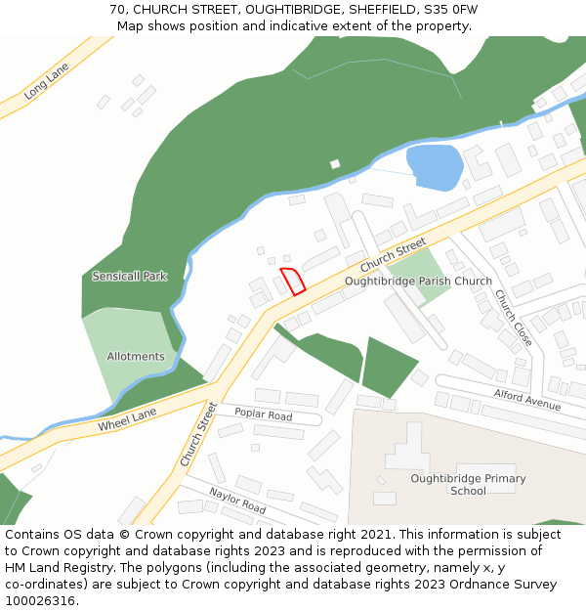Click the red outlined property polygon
tap(294, 281)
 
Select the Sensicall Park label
tap(130, 277)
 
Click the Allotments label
tap(136, 357)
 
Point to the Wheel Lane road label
tap(127, 420)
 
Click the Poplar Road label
tap(263, 415)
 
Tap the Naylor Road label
tap(237, 501)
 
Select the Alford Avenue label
tap(527, 399)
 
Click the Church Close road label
tap(513, 317)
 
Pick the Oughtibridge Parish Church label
tap(418, 282)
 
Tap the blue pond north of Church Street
tap(434, 166)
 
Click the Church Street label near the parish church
tap(394, 254)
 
